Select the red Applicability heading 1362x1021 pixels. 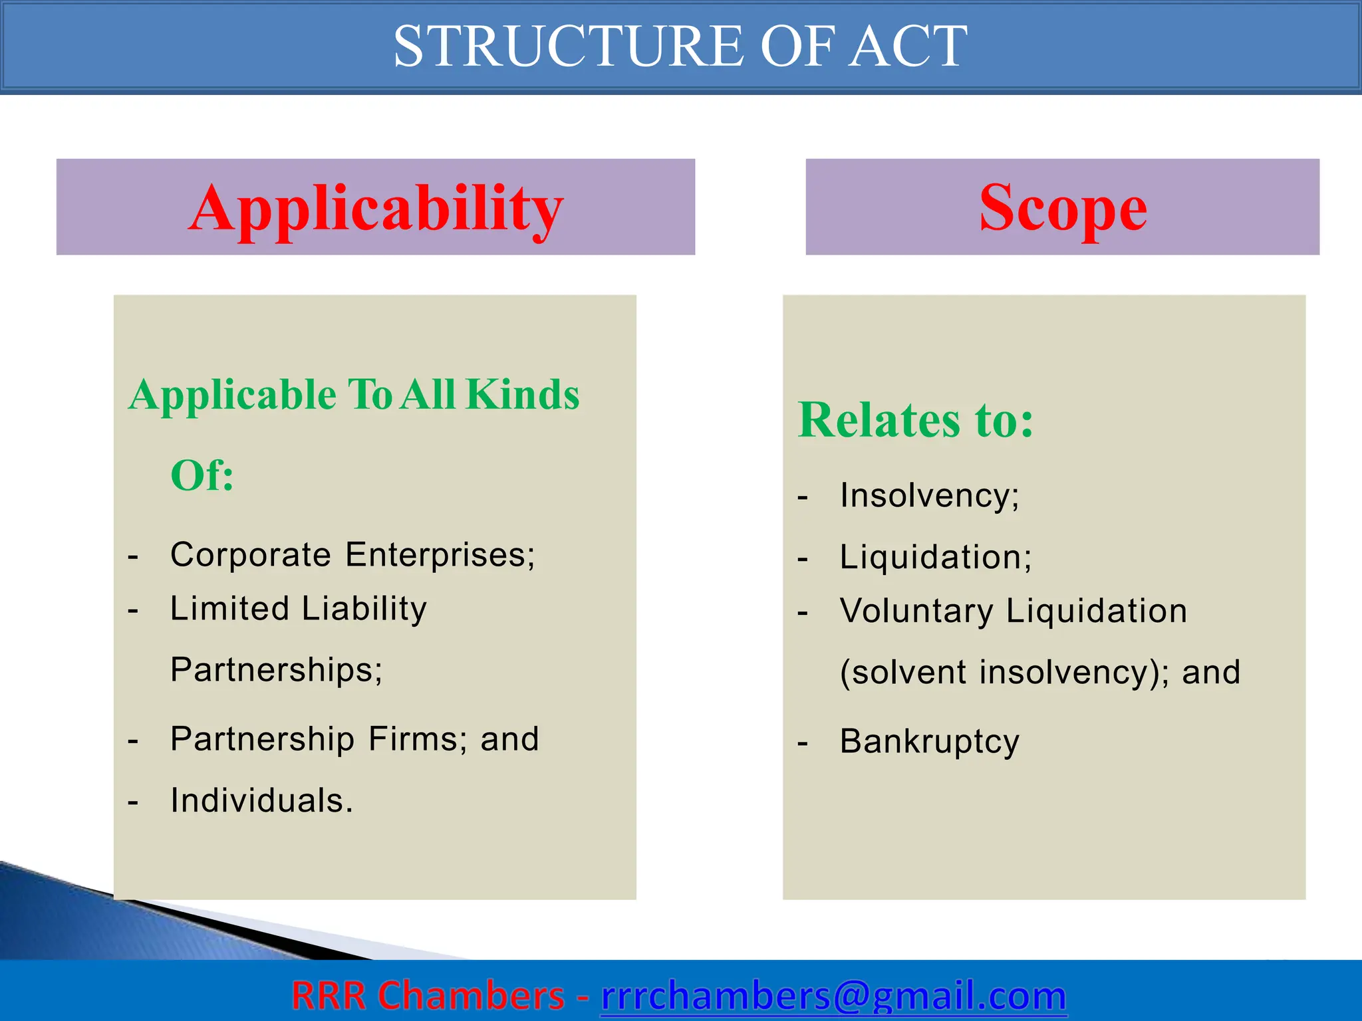[376, 209]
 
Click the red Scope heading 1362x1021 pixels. [1063, 209]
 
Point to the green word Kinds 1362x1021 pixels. [523, 395]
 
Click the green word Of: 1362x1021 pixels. [202, 476]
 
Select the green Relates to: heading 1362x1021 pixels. [916, 420]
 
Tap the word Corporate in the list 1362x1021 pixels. [250, 554]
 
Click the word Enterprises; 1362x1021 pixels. [440, 554]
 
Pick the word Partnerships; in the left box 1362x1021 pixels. [277, 669]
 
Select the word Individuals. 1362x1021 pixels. [261, 800]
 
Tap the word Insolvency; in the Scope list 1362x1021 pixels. [929, 496]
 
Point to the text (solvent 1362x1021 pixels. [903, 673]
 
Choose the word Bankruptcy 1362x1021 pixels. [929, 742]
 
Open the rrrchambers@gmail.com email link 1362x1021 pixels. [833, 996]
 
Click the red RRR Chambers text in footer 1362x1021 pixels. [428, 996]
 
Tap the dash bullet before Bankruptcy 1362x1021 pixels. [803, 744]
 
